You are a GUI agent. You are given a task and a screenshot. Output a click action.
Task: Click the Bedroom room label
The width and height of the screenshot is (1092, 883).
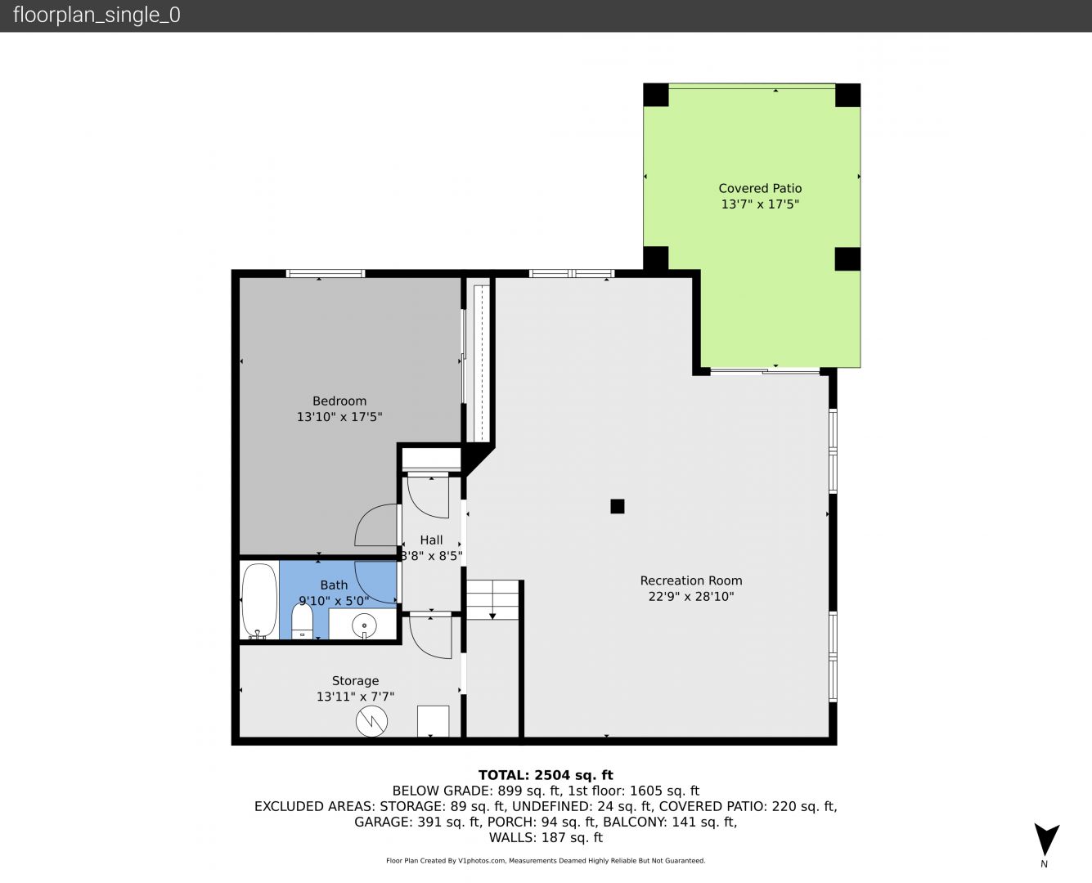coord(339,401)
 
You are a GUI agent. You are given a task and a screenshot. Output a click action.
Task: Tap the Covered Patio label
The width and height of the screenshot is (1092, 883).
coord(760,189)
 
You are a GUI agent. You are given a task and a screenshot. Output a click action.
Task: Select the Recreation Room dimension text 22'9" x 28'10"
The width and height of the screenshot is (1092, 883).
coord(691,597)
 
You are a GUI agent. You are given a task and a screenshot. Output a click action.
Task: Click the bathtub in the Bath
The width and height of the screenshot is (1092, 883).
coord(259,601)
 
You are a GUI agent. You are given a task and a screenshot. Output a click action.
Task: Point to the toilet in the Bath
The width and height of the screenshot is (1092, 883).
coord(302,621)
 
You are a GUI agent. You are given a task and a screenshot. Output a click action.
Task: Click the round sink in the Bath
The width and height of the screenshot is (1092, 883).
coord(365,625)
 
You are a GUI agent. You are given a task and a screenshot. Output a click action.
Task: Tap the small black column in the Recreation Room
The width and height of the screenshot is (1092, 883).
coord(618,506)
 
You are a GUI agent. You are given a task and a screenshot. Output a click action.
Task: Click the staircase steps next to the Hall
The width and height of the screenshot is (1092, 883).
coord(492,599)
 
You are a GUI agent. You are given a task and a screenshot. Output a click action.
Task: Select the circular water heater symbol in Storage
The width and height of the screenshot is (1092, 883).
coord(371,722)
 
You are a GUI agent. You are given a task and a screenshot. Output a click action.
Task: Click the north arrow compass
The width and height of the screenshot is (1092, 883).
coord(1046,838)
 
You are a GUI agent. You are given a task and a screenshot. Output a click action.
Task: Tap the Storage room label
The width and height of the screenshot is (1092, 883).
coord(355,680)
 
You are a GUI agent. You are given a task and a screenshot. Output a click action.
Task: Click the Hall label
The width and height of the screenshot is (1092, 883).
coord(431,540)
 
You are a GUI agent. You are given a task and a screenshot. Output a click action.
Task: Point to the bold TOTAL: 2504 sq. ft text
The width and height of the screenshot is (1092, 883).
coord(546,775)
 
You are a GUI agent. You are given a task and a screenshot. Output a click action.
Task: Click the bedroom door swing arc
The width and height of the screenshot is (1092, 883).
coord(366,518)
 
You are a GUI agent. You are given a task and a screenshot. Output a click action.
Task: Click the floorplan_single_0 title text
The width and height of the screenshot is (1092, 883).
coord(97,16)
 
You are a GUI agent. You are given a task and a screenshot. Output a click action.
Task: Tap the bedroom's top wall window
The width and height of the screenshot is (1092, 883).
coord(325,274)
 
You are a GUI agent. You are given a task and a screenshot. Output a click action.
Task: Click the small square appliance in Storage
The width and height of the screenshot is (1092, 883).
coord(434,721)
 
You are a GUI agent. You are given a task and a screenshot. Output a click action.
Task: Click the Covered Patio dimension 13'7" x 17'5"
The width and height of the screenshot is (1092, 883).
coord(760,204)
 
